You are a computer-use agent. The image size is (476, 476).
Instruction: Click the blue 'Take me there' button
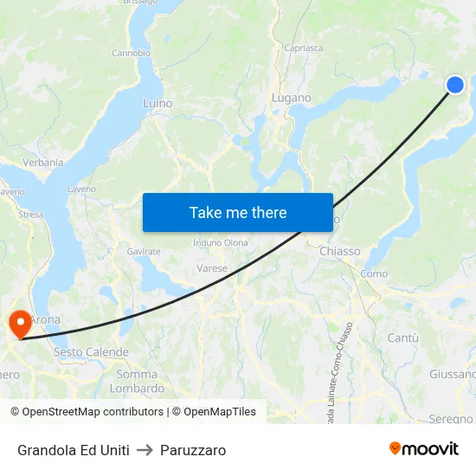[238, 212]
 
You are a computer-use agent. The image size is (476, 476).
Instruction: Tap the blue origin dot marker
[455, 84]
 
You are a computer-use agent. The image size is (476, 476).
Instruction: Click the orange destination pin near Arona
[18, 325]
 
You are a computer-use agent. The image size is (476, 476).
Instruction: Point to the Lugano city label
[291, 98]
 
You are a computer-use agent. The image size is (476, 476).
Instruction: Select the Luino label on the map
[158, 103]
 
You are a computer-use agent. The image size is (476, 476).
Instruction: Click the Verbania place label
[42, 162]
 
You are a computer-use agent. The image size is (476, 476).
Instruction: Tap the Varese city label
[212, 268]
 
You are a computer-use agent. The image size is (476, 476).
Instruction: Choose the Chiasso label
[339, 251]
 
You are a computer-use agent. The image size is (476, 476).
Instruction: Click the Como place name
[374, 273]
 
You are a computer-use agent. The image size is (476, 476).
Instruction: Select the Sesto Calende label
[91, 352]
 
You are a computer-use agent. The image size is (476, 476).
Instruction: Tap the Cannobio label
[132, 53]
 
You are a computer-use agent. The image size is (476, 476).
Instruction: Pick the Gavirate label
[144, 251]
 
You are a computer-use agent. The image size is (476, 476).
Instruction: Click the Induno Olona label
[220, 242]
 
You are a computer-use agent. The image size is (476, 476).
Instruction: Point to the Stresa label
[30, 214]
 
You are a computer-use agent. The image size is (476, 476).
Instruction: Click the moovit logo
[424, 449]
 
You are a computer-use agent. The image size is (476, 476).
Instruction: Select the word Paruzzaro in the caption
[193, 450]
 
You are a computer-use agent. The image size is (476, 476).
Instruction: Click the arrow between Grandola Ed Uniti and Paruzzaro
[145, 450]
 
